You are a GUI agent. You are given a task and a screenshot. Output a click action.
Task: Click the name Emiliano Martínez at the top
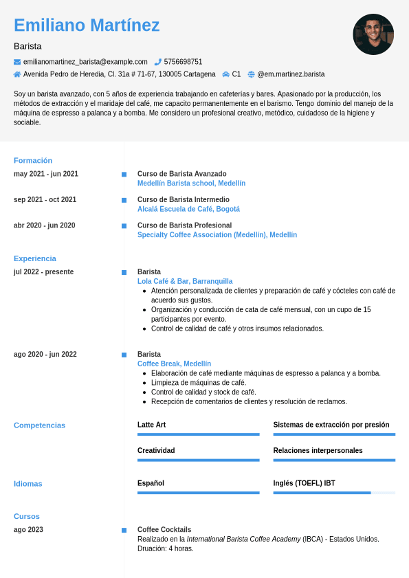pyautogui.click(x=87, y=25)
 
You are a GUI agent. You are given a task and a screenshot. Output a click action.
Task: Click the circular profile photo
pyautogui.click(x=373, y=34)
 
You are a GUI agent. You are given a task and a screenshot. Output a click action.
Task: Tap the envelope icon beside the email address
pyautogui.click(x=17, y=62)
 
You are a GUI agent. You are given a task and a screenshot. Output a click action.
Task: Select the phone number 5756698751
pyautogui.click(x=183, y=62)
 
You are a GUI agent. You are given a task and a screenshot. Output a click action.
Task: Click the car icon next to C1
pyautogui.click(x=225, y=74)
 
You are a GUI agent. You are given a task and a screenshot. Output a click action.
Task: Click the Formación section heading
pyautogui.click(x=33, y=160)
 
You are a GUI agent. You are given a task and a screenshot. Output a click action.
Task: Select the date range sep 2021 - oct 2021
pyautogui.click(x=45, y=199)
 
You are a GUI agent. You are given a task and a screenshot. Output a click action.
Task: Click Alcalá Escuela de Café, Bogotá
pyautogui.click(x=188, y=209)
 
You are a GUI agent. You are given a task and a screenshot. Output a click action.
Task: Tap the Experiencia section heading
pyautogui.click(x=35, y=258)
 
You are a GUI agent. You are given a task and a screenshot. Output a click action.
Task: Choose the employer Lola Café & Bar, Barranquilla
pyautogui.click(x=185, y=281)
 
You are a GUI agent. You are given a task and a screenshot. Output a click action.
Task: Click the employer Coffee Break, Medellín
pyautogui.click(x=174, y=364)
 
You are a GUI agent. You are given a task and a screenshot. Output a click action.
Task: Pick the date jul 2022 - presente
pyautogui.click(x=43, y=271)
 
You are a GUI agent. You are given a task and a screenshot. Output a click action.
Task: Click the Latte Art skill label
pyautogui.click(x=151, y=425)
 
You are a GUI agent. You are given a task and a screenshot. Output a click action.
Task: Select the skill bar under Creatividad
pyautogui.click(x=198, y=460)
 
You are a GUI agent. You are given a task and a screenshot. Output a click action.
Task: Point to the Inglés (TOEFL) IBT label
pyautogui.click(x=304, y=483)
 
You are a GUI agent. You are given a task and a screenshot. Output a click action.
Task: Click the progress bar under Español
pyautogui.click(x=198, y=493)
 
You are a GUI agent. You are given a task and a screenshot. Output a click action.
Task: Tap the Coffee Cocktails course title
pyautogui.click(x=164, y=529)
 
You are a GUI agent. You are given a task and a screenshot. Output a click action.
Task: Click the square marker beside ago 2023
pyautogui.click(x=124, y=530)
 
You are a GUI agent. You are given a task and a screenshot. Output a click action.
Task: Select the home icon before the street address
pyautogui.click(x=17, y=74)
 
